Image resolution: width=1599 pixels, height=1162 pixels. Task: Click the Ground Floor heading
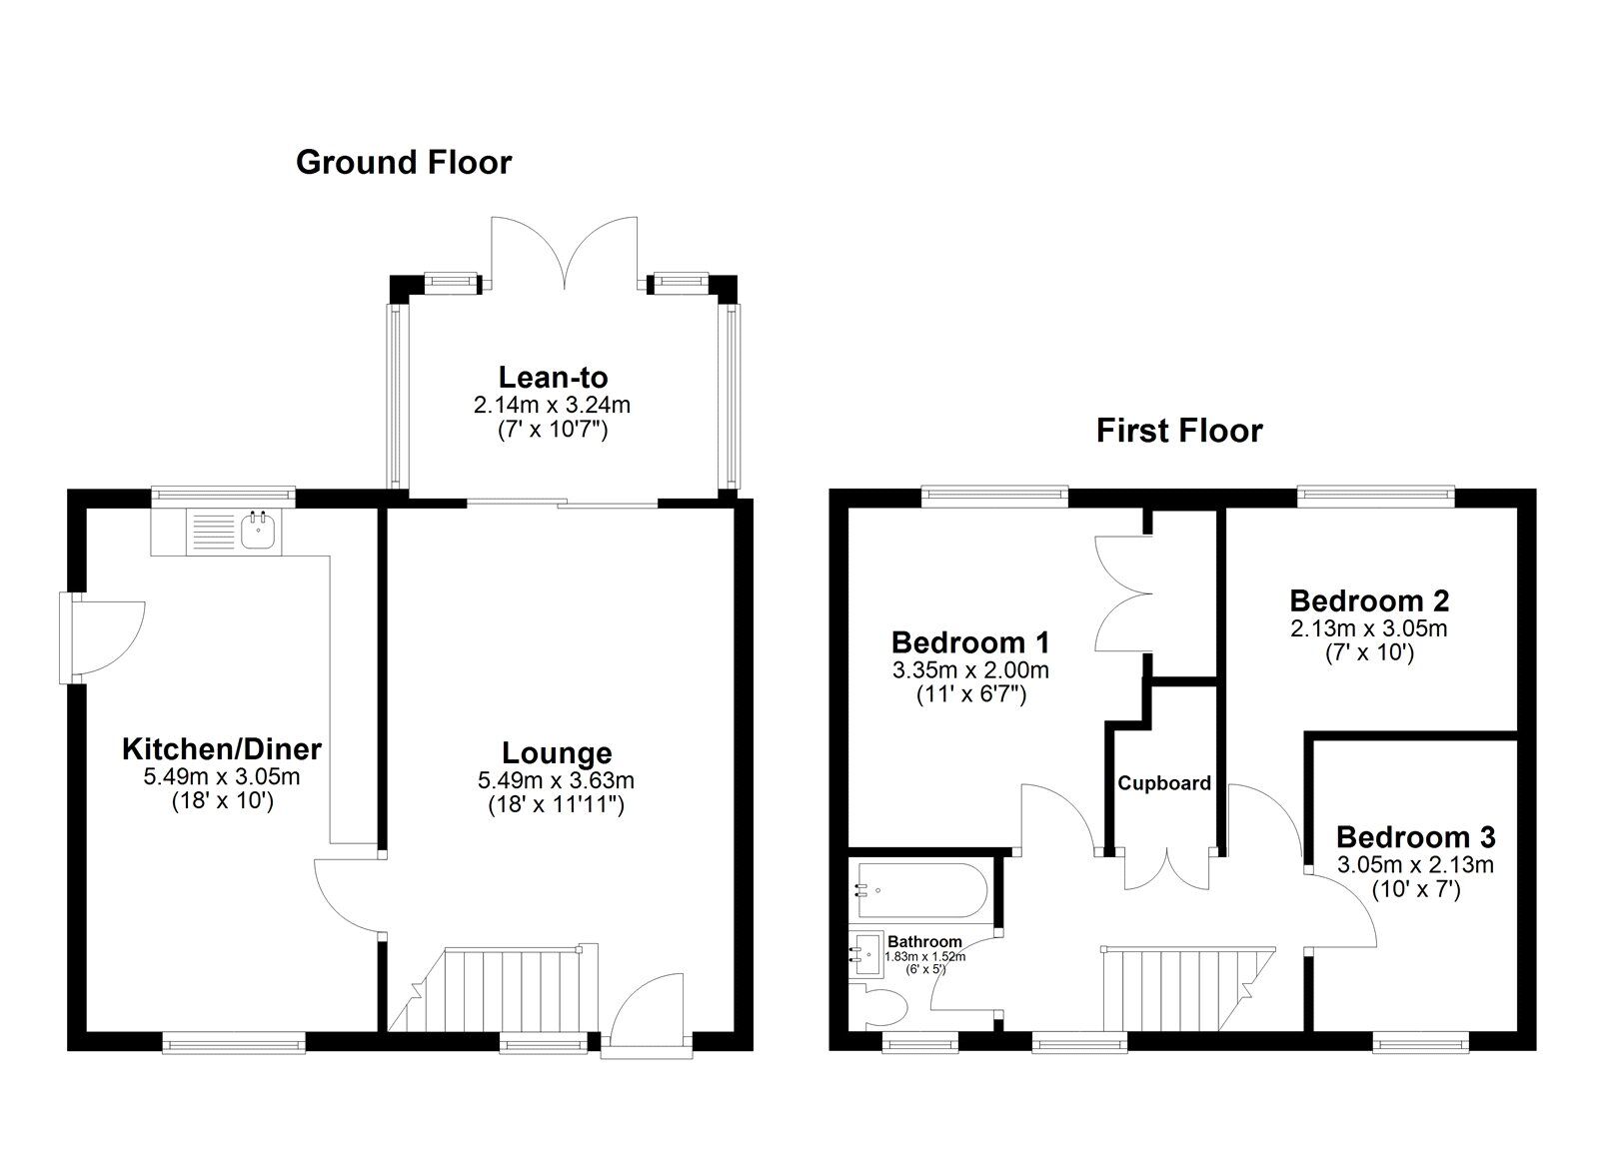[x=404, y=162]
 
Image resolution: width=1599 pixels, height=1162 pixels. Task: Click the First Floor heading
[x=1179, y=431]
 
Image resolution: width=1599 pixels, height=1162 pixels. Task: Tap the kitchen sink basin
[x=260, y=530]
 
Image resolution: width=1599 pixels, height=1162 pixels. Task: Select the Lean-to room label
[x=553, y=378]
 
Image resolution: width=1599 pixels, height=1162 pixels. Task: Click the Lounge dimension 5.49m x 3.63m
[x=556, y=780]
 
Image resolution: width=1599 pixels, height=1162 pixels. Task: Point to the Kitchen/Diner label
[x=222, y=748]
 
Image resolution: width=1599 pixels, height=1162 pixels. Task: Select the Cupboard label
[x=1164, y=783]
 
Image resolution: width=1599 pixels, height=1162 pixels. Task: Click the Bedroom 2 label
[x=1369, y=600]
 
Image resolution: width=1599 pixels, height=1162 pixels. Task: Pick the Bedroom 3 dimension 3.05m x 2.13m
[x=1415, y=865]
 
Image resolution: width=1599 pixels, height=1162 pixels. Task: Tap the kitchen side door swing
[x=105, y=636]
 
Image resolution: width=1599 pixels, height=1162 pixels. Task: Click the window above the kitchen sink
[x=223, y=493]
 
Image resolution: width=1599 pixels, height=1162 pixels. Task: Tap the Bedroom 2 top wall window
[x=1376, y=493]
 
